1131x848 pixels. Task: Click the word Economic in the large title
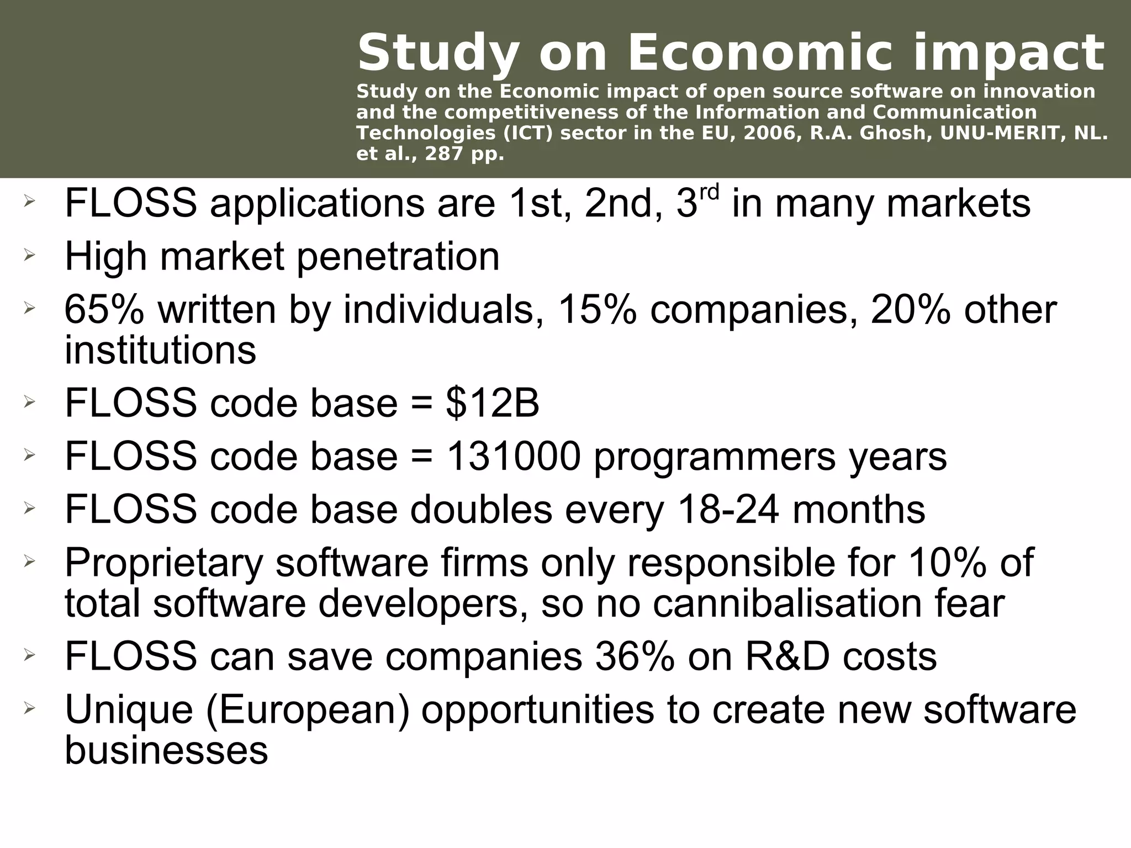pos(760,54)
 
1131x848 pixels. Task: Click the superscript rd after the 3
pos(710,193)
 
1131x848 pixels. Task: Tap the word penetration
pos(398,257)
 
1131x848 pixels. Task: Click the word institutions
pos(160,350)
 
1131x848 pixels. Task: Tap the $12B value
pos(492,403)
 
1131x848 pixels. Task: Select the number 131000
pos(513,456)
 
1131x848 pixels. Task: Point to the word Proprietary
pos(163,563)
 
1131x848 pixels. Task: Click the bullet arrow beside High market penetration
pos(29,255)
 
